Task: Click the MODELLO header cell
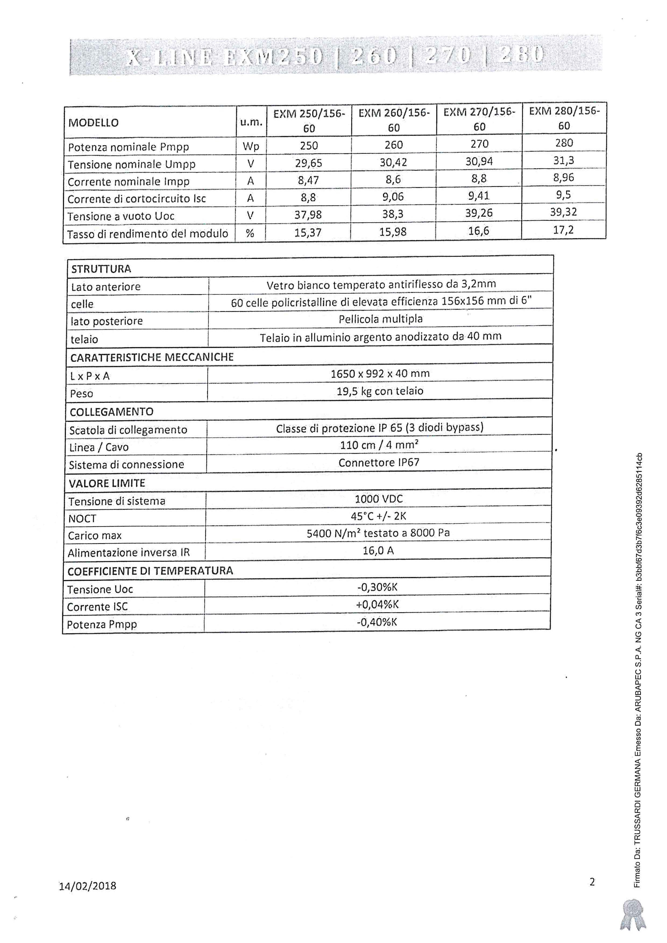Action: pos(93,123)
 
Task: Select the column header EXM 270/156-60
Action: pos(479,119)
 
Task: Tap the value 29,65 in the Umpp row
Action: pos(308,163)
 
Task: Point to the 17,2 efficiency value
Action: pos(563,230)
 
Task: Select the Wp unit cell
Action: pos(251,147)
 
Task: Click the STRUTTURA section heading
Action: pos(101,269)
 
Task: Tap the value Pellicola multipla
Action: pos(380,319)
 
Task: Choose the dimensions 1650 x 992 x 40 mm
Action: pos(380,374)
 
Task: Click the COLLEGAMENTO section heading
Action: pos(111,412)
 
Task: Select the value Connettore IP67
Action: pos(379,462)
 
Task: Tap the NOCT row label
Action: pos(82,519)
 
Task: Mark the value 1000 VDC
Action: pos(378,499)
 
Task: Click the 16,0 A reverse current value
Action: pos(378,550)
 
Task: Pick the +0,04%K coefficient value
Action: pos(377,604)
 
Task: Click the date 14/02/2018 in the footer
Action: pos(87,886)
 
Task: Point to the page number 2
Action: pos(592,882)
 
